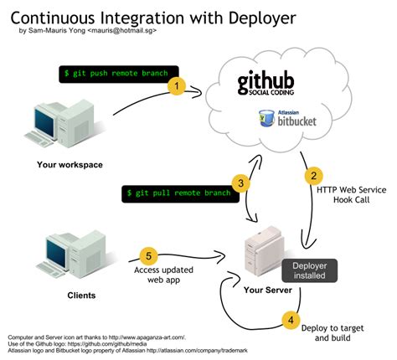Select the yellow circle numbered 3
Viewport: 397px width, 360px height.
239,183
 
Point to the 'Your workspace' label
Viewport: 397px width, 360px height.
70,164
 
